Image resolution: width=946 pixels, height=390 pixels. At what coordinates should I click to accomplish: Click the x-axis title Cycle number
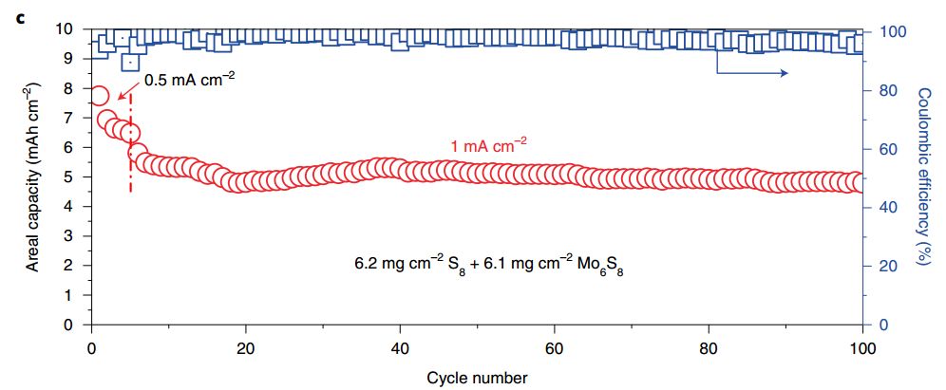(476, 377)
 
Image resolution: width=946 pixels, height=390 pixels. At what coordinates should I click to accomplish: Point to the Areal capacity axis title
(32, 177)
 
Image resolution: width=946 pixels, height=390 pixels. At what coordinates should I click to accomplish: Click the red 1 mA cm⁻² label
(488, 145)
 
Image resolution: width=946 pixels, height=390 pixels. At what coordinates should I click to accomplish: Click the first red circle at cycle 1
(100, 96)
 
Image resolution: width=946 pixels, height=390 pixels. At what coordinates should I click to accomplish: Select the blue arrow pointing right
(750, 73)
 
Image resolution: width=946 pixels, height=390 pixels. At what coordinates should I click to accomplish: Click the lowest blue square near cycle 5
(130, 62)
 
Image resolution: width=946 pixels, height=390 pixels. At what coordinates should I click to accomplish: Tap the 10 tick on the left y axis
(66, 28)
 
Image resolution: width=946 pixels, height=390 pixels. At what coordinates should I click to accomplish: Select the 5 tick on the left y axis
(69, 176)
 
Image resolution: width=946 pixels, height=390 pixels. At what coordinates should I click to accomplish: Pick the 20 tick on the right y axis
(883, 266)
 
